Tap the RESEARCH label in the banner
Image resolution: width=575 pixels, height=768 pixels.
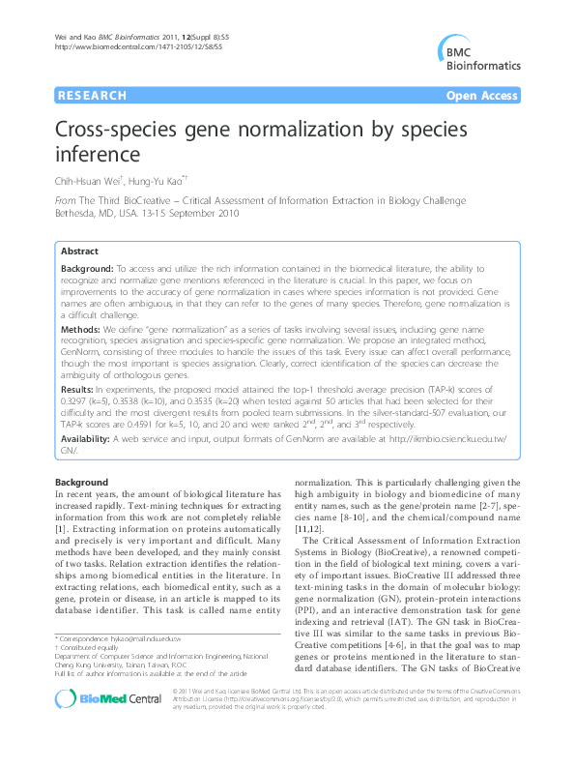tap(93, 96)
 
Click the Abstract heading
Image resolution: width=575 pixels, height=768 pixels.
tap(81, 251)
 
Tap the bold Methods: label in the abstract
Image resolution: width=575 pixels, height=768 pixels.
tap(84, 330)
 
